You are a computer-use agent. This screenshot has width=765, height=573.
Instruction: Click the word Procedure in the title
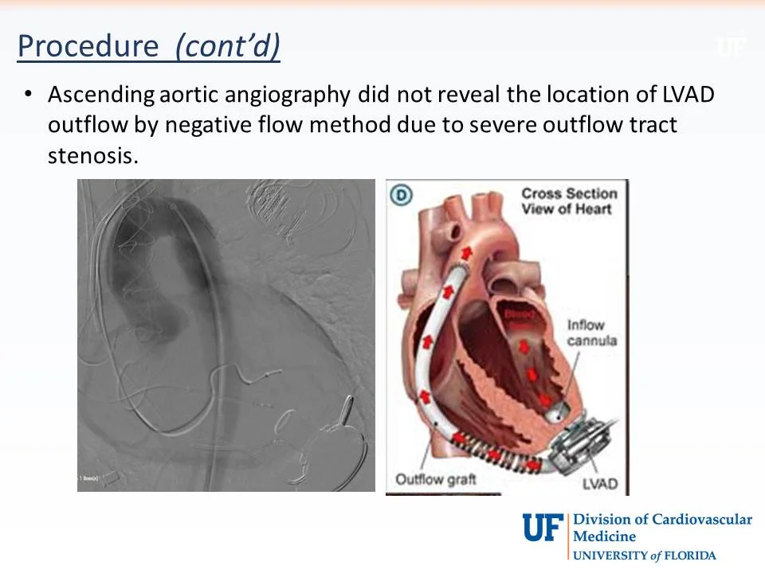pyautogui.click(x=88, y=46)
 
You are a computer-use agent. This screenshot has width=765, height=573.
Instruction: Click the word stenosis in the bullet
pyautogui.click(x=92, y=155)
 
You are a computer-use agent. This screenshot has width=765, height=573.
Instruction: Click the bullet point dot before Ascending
pyautogui.click(x=29, y=95)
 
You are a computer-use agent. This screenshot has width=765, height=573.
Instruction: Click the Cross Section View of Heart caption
pyautogui.click(x=568, y=201)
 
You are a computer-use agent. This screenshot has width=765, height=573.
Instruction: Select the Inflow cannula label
pyautogui.click(x=591, y=333)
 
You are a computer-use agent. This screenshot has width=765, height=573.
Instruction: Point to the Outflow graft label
pyautogui.click(x=436, y=479)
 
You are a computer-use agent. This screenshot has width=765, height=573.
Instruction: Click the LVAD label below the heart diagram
pyautogui.click(x=600, y=482)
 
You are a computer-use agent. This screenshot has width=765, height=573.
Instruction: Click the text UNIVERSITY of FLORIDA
pyautogui.click(x=644, y=555)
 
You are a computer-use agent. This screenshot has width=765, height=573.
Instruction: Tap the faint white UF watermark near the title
pyautogui.click(x=731, y=47)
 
